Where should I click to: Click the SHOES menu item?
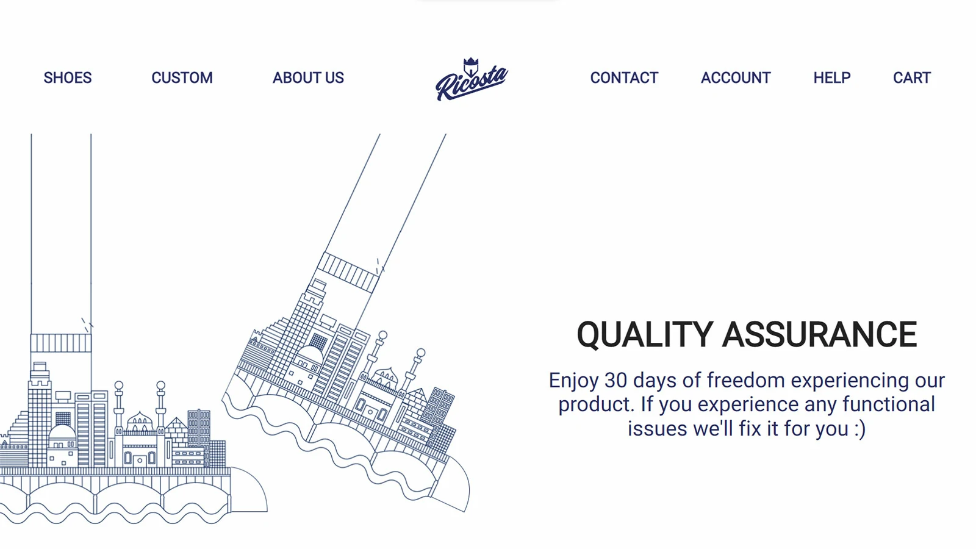click(68, 78)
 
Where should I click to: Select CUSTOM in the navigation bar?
click(182, 78)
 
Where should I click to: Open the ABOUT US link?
click(308, 78)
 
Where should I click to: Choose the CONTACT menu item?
click(624, 78)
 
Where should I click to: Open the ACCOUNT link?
click(736, 78)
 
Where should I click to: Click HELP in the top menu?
click(832, 78)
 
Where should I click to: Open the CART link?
click(912, 78)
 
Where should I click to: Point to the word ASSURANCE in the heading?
click(820, 335)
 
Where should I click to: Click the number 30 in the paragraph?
click(615, 381)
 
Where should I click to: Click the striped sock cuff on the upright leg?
click(61, 343)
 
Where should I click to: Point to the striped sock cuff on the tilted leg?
click(348, 272)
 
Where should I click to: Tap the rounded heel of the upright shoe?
click(249, 489)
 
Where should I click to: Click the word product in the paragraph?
click(596, 405)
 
